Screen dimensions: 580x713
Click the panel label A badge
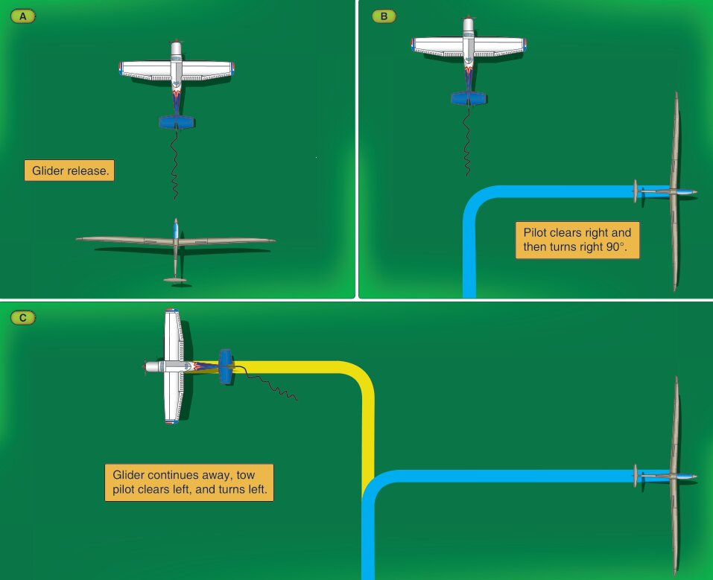pos(23,15)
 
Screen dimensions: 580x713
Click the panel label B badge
pos(384,15)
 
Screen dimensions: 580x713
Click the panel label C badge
pos(23,318)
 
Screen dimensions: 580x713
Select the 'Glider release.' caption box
pos(69,171)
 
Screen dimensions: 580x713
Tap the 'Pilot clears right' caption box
pos(577,240)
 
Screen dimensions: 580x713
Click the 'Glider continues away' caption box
pos(188,482)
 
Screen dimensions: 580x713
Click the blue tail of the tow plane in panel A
pos(177,122)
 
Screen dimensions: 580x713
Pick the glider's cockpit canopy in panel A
pos(176,232)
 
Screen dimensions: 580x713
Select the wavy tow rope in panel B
pos(467,141)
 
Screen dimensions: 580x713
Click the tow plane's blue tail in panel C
pos(226,366)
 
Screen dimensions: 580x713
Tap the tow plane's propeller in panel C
pos(145,366)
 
